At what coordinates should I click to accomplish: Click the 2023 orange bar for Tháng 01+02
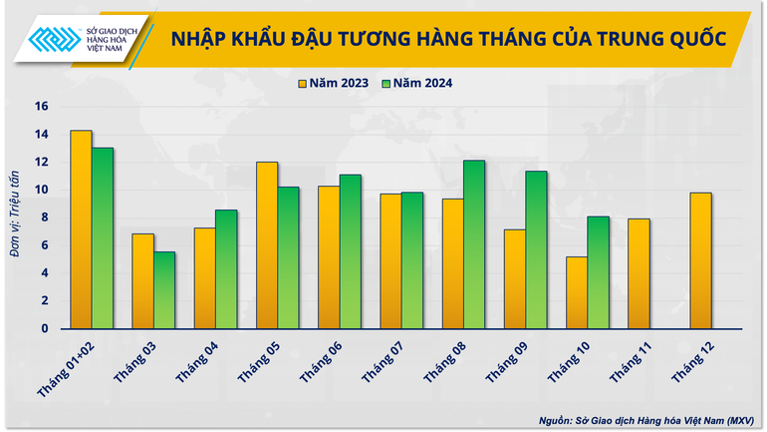[82, 229]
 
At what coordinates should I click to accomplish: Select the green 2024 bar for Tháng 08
[474, 244]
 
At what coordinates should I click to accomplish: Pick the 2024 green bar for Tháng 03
[164, 290]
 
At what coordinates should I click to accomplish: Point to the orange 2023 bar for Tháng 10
[577, 292]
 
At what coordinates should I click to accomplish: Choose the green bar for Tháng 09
[537, 249]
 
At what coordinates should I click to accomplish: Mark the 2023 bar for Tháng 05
[267, 245]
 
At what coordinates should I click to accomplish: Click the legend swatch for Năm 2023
[302, 84]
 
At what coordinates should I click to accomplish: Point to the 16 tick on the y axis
[41, 107]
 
